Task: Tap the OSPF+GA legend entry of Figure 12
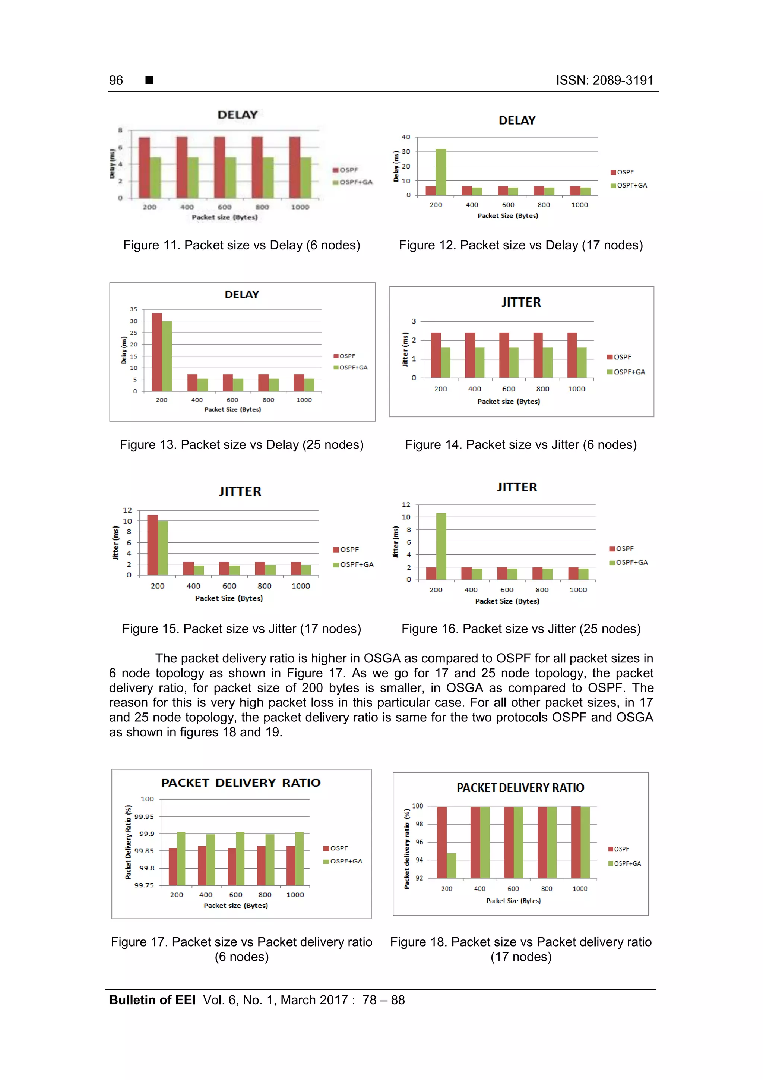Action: (629, 185)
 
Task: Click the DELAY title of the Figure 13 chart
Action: (242, 295)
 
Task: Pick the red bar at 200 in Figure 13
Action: (156, 352)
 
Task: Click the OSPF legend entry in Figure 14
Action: (619, 357)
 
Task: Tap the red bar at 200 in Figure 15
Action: (152, 545)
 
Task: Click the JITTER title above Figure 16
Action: (517, 487)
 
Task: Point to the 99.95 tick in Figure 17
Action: (144, 816)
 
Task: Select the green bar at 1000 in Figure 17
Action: (299, 859)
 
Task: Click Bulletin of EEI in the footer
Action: (152, 1000)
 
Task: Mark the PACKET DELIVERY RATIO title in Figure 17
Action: (241, 783)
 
